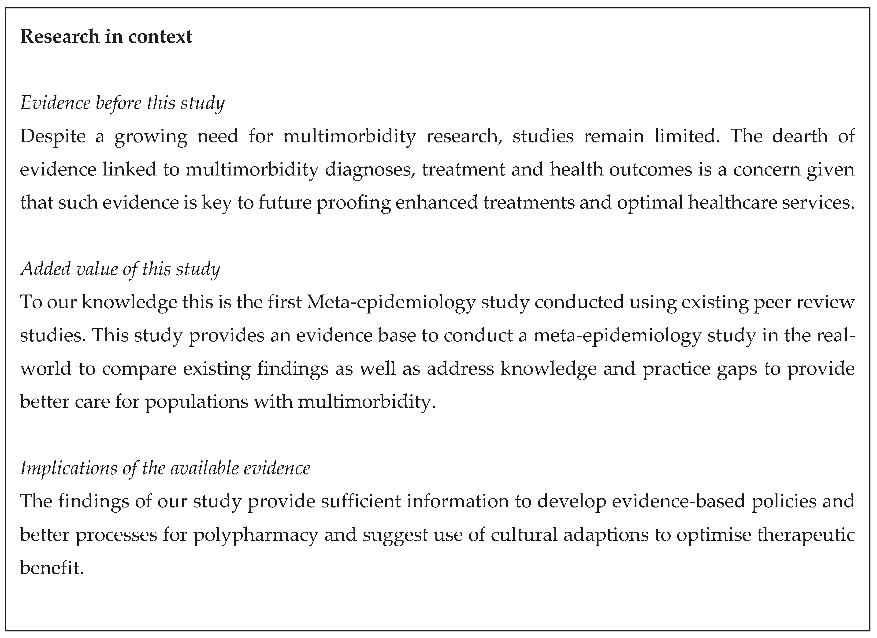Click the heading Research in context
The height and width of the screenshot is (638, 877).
106,37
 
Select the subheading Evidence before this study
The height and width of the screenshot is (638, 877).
122,103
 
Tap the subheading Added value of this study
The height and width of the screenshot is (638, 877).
120,269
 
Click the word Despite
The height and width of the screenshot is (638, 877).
53,137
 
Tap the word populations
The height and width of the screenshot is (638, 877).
197,402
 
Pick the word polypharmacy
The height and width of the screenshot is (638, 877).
256,535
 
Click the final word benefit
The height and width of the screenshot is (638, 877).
52,568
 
